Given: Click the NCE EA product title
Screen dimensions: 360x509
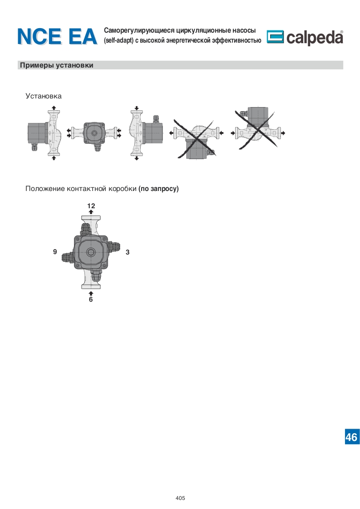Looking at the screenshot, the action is point(57,36).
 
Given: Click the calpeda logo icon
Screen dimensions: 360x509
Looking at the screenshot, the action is point(275,37).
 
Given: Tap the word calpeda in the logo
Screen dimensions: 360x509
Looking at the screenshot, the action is point(315,37).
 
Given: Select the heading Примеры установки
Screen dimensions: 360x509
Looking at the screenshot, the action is point(57,65).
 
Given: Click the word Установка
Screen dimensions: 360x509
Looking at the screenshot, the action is point(44,96).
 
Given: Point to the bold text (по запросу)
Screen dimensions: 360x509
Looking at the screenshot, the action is point(158,189).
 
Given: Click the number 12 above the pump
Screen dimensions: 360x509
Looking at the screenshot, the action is point(91,206).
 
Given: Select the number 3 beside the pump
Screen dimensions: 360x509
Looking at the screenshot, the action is point(128,252).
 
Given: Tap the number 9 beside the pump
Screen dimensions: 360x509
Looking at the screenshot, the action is point(55,252).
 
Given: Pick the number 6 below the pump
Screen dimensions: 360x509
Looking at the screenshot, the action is point(91,299).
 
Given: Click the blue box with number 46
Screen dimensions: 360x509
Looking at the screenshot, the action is point(352,437).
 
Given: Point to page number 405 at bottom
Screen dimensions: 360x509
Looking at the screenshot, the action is point(180,498).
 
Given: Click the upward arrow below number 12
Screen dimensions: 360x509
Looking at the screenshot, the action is point(91,212).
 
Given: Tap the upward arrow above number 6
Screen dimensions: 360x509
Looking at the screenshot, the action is point(91,294).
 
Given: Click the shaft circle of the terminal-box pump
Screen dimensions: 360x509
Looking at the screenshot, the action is point(91,252).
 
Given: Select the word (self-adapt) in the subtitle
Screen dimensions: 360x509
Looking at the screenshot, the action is point(118,40).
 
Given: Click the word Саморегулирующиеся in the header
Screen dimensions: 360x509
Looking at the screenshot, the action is point(139,30).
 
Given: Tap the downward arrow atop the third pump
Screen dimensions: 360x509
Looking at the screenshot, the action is point(137,108).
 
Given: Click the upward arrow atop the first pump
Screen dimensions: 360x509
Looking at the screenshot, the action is point(54,108).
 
